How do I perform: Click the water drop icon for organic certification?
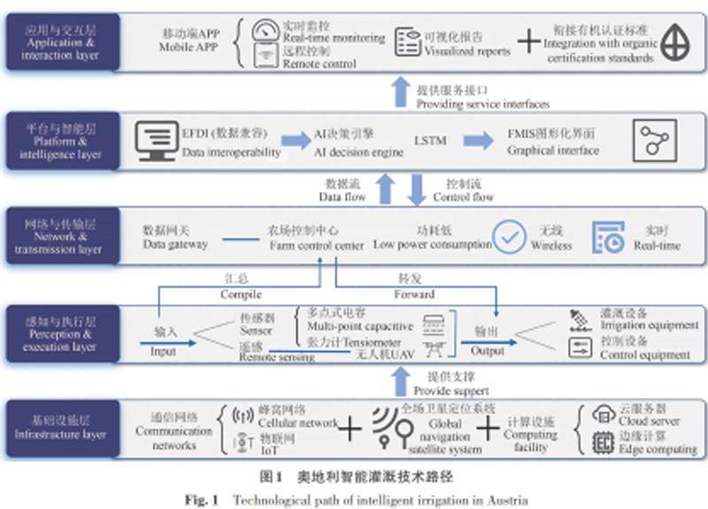point(677,42)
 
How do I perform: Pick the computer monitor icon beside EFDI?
point(156,142)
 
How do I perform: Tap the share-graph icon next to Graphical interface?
point(656,142)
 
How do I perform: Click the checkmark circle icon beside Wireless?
point(509,236)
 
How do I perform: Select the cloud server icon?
point(604,414)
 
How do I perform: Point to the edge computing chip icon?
point(604,443)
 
